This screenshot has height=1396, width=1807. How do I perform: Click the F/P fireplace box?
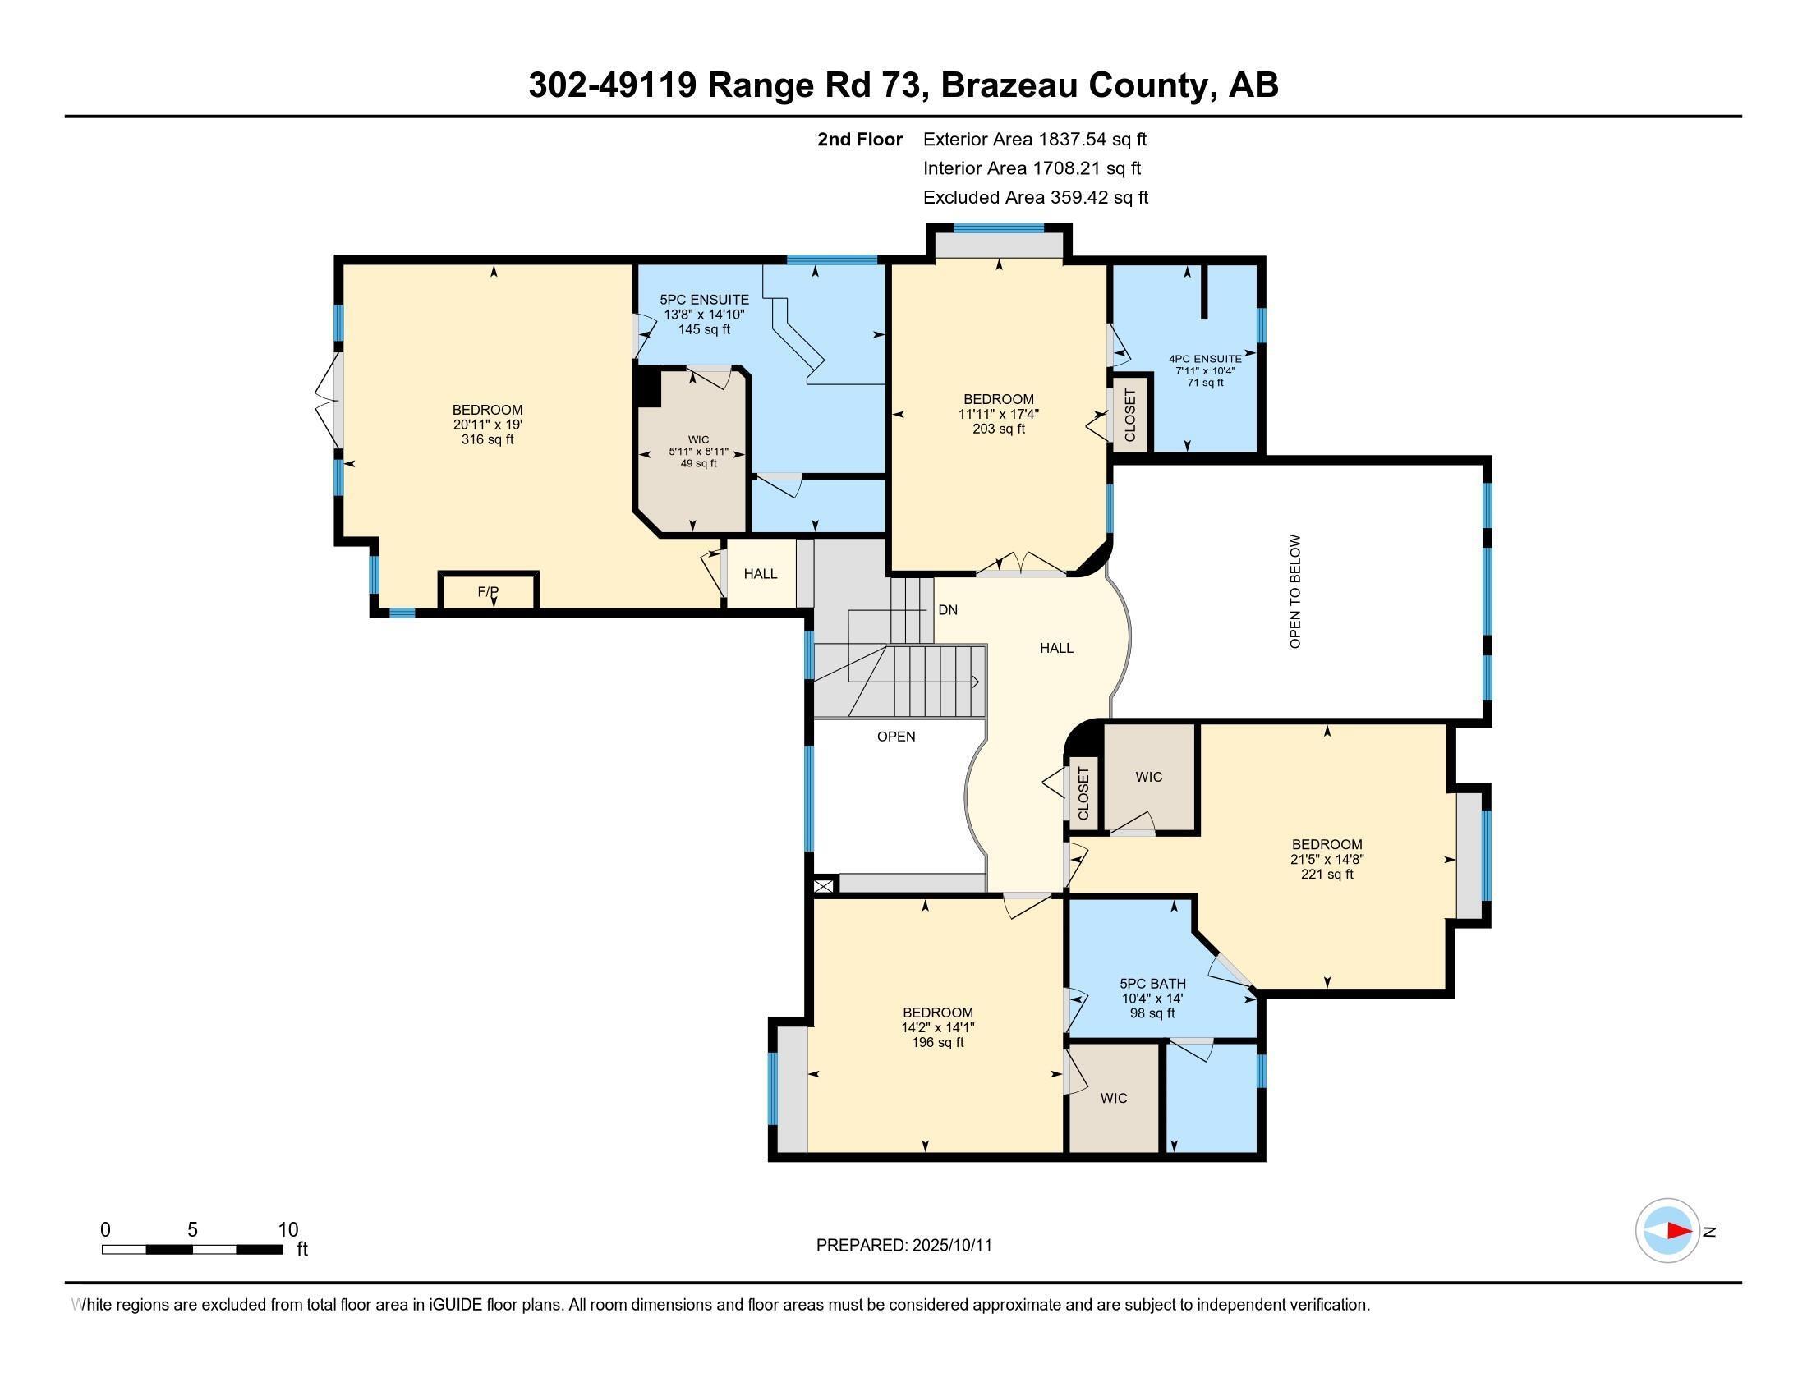click(488, 591)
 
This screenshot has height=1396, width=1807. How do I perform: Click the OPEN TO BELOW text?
click(1295, 591)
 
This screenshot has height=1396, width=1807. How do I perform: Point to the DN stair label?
click(948, 610)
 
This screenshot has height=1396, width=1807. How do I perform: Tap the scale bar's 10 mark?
click(287, 1230)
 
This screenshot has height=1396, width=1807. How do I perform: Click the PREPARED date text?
click(903, 1246)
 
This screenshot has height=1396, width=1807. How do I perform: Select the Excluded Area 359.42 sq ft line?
click(1035, 198)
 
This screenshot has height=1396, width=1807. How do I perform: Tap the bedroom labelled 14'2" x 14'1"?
click(937, 1027)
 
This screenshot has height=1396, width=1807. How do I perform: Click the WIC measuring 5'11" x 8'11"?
click(698, 452)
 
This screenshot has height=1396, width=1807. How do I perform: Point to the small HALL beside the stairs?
click(760, 574)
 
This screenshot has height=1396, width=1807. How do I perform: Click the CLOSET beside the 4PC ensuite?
click(1130, 416)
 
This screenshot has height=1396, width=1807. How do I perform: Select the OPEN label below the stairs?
click(896, 737)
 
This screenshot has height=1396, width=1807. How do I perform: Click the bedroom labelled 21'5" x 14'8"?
click(1327, 858)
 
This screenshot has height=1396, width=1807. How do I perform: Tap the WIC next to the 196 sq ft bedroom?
click(1114, 1098)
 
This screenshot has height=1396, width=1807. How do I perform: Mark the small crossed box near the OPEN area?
click(823, 886)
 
